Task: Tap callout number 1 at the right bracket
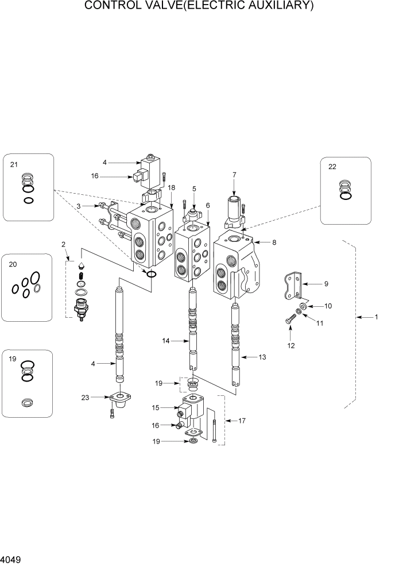377,317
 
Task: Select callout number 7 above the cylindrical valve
234,174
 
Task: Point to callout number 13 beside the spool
262,357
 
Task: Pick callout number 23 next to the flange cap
85,396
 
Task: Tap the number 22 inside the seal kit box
332,167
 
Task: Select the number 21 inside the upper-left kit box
14,164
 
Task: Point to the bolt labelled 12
288,321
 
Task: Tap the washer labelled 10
302,306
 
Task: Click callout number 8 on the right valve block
274,242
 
